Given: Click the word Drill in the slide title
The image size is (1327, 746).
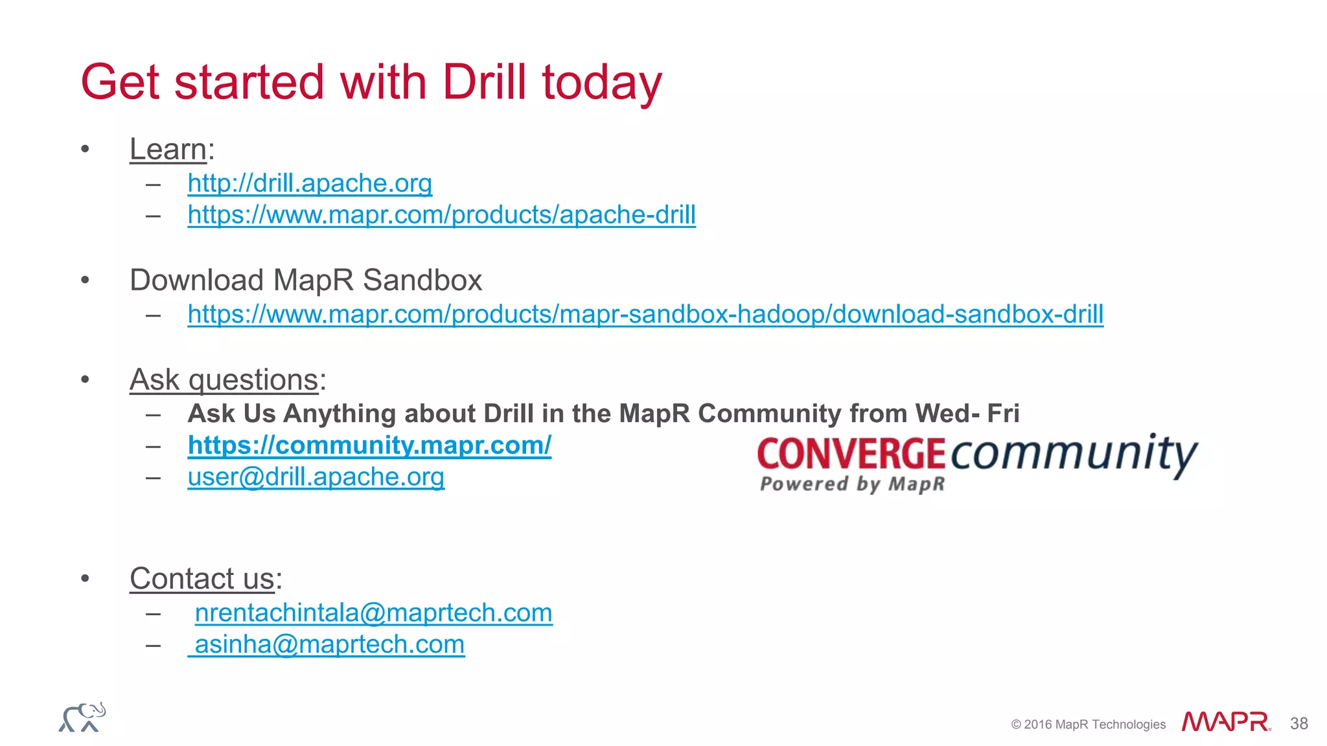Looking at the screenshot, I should pos(484,82).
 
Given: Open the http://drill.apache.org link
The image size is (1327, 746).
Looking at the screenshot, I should pos(310,183).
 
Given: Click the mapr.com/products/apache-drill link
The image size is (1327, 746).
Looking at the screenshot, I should pos(441,215).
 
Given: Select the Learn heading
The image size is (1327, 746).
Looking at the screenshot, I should pos(168,150).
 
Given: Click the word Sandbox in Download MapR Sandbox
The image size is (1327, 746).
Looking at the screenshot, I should pos(422,280).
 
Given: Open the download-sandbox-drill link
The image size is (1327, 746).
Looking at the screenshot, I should pos(645,314).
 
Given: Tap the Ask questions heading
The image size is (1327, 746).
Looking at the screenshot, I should pos(224,379).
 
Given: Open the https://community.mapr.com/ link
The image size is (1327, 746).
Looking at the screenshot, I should pos(369,446).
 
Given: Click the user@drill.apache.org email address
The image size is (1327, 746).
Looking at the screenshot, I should pos(316,477).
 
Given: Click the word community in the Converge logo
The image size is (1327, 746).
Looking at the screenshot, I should pos(1074,453).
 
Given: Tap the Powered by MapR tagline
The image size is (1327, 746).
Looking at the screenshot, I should pos(852,484).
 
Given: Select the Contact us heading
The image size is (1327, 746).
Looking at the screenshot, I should pos(202,578).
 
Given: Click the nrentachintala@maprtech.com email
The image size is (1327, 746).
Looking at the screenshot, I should pos(373,613).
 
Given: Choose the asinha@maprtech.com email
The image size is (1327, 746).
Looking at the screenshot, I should pos(329,644).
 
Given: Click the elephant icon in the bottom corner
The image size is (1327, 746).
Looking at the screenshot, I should pos(82,718).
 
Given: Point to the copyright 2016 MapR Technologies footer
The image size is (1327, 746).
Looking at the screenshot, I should pos(1088,725).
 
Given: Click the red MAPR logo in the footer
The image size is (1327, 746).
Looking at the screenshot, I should pos(1225,721).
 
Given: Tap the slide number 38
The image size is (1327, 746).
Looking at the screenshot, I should pos(1298,723).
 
